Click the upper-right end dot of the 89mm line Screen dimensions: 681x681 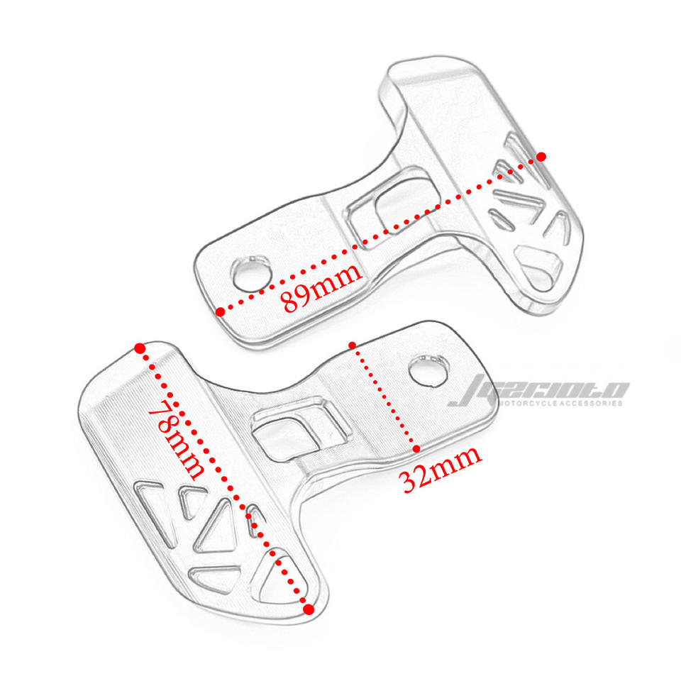point(541,156)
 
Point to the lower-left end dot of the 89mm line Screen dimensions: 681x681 point(221,311)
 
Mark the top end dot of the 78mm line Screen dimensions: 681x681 point(140,348)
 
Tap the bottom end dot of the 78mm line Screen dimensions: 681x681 point(308,609)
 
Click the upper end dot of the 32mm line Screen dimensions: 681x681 point(353,345)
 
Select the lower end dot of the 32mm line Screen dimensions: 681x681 point(416,448)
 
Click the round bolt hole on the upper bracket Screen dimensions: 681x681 point(248,273)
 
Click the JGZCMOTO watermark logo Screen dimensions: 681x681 point(539,390)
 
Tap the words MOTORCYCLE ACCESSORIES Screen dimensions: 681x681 point(560,404)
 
